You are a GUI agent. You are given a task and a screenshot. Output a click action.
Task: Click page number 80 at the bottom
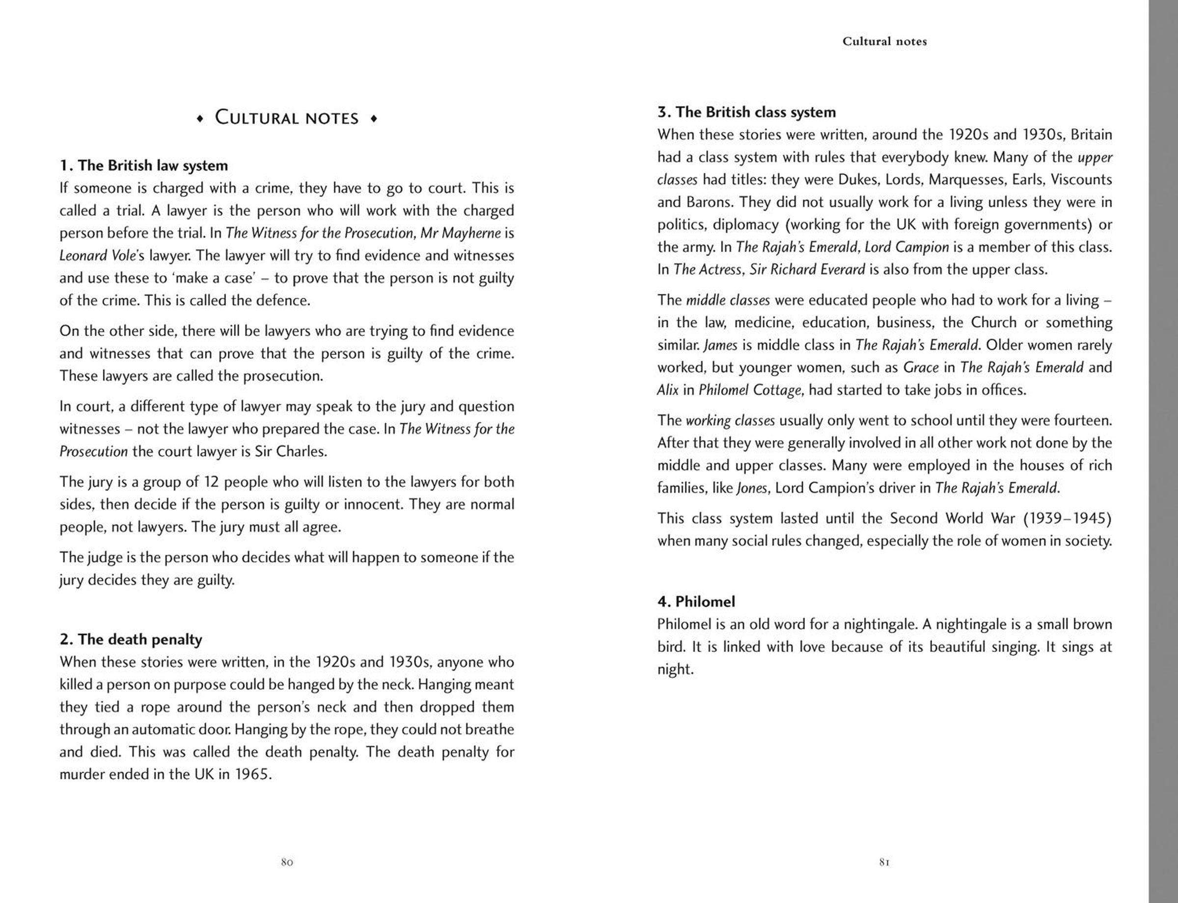(x=287, y=863)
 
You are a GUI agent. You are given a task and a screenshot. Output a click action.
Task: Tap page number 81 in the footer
(x=885, y=863)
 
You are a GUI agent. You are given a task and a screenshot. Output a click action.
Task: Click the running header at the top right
(x=884, y=41)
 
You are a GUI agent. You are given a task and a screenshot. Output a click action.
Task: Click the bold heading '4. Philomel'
(x=696, y=601)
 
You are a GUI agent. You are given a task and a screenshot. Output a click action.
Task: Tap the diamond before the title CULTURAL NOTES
(x=200, y=119)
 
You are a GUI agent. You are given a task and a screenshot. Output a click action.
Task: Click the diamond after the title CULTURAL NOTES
(x=374, y=119)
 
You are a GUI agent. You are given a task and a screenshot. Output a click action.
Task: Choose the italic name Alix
(x=668, y=390)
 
